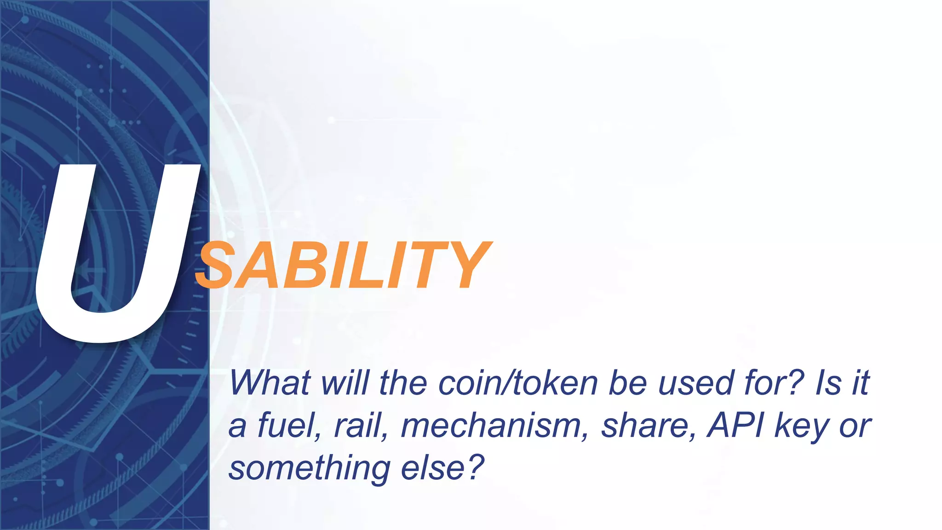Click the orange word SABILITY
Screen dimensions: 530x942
pyautogui.click(x=343, y=266)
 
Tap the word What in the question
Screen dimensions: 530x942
pyautogui.click(x=270, y=383)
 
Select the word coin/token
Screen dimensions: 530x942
pyautogui.click(x=518, y=383)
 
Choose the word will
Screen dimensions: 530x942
pyautogui.click(x=345, y=383)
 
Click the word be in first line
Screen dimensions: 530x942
pyautogui.click(x=628, y=383)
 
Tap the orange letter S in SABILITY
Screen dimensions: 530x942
pyautogui.click(x=217, y=266)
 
